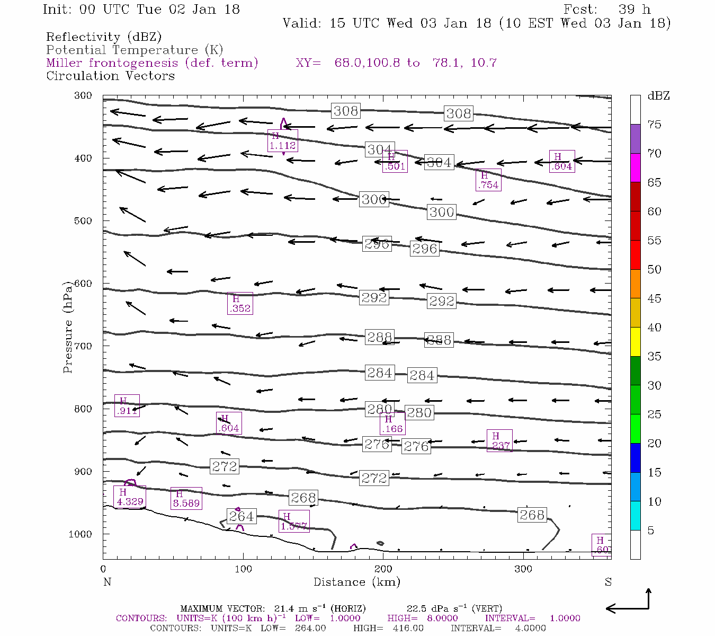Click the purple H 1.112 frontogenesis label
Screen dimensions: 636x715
click(282, 140)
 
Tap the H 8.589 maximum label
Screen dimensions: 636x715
click(186, 499)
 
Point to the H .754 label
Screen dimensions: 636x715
click(488, 180)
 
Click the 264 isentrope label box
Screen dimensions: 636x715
click(242, 516)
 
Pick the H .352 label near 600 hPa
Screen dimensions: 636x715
click(239, 304)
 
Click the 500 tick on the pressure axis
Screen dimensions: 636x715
click(84, 221)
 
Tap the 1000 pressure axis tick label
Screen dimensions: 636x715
click(81, 534)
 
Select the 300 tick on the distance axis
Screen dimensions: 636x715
click(523, 569)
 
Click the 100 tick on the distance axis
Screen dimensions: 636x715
click(243, 569)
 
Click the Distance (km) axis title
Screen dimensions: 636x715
click(356, 582)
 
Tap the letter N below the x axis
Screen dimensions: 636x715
click(107, 582)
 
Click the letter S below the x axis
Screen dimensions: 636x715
click(608, 582)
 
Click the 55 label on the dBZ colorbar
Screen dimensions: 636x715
click(654, 241)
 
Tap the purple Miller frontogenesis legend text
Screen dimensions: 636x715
click(152, 63)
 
